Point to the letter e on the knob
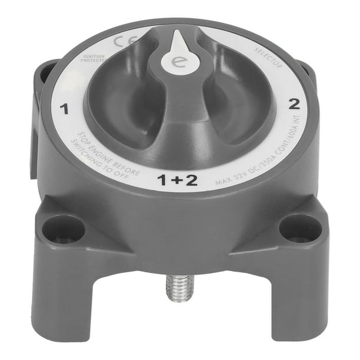tap(175, 61)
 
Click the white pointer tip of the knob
tap(179, 39)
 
